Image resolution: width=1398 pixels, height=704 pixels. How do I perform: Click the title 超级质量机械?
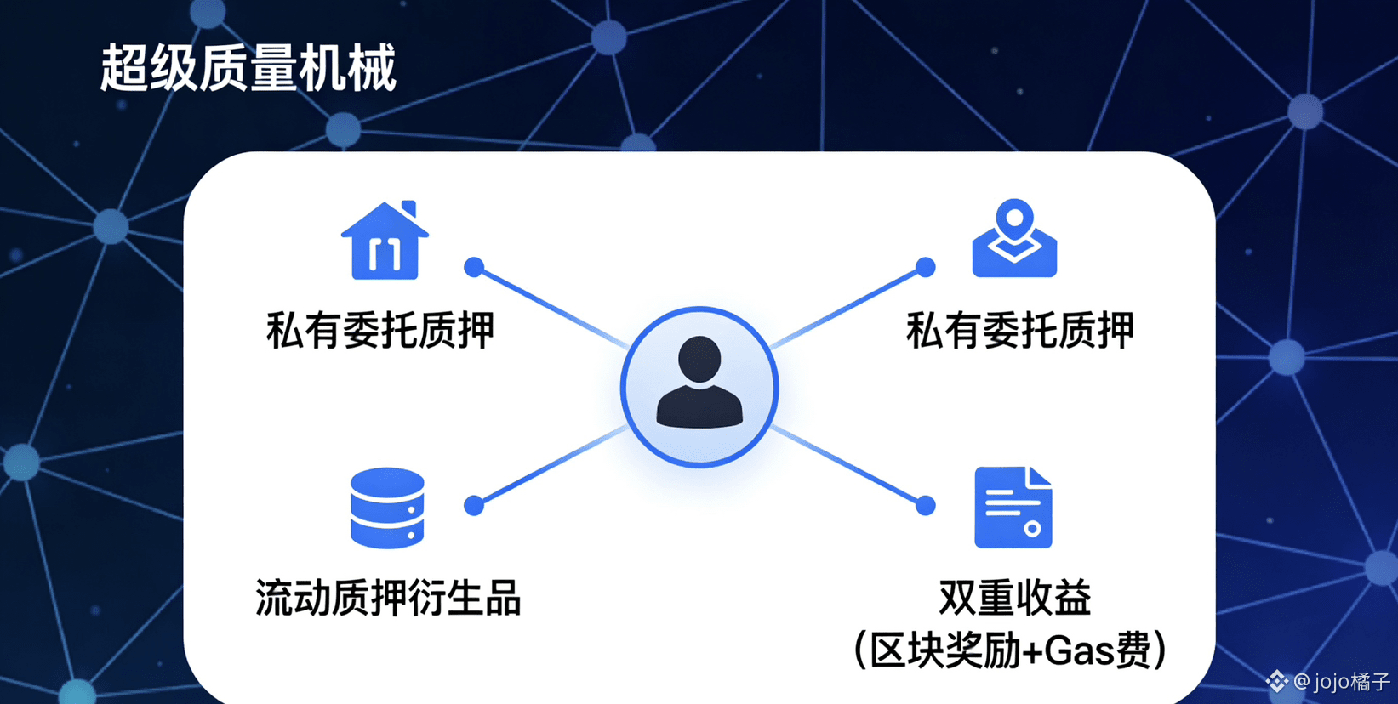(x=248, y=68)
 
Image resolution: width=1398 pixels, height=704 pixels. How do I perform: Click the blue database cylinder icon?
(x=387, y=508)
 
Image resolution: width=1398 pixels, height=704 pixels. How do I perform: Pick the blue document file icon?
(x=1013, y=508)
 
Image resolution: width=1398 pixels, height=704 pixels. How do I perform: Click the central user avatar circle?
(x=699, y=387)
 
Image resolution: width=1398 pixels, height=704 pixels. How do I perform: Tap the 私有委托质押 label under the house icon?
(x=380, y=331)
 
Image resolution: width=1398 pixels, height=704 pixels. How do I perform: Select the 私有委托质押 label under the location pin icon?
(x=1019, y=331)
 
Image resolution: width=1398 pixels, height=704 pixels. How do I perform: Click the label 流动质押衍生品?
(x=388, y=598)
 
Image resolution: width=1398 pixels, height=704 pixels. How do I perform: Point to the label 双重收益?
(x=1014, y=598)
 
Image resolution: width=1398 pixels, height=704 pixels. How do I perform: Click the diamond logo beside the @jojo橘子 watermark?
(x=1276, y=681)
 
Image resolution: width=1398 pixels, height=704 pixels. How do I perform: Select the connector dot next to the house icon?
(x=474, y=267)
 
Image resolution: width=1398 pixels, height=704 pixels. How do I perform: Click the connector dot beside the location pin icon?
(x=926, y=267)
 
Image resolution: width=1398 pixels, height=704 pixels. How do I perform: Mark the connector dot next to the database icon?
(x=474, y=506)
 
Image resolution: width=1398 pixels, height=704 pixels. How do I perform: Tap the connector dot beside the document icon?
(x=926, y=506)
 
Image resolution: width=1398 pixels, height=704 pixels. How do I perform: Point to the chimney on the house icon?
(x=409, y=209)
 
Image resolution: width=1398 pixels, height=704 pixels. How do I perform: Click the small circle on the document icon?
(x=1032, y=529)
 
